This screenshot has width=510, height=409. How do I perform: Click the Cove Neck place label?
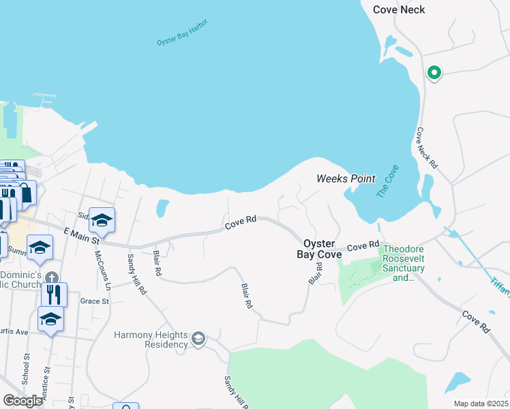click(x=399, y=10)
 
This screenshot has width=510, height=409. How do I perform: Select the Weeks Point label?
click(x=346, y=179)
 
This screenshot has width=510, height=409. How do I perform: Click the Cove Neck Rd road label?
click(x=426, y=149)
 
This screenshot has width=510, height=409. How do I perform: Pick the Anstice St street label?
click(x=47, y=382)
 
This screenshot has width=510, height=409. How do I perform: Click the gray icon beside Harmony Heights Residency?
click(x=198, y=339)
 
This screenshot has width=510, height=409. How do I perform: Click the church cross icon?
click(x=52, y=276)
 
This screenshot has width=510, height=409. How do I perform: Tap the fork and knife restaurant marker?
click(x=52, y=294)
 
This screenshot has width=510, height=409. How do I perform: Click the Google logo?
click(x=23, y=400)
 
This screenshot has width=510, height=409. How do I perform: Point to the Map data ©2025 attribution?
click(x=480, y=404)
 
